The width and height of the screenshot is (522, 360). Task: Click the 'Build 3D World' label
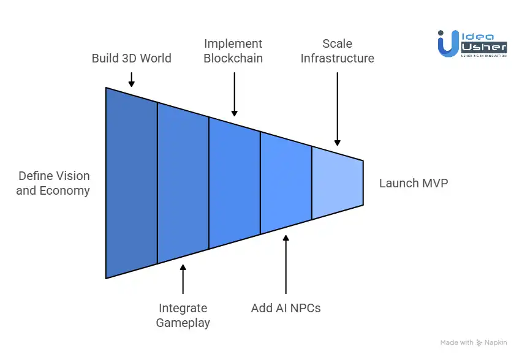131,59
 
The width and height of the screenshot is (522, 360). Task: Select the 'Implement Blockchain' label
233,51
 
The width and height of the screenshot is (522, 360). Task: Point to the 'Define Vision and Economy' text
53,183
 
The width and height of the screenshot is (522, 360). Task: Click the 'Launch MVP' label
414,183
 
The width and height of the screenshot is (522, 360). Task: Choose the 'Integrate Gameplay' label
183,315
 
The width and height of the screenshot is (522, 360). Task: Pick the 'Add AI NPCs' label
286,308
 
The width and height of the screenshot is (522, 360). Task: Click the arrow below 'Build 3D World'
131,80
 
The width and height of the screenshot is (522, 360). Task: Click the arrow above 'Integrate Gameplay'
183,279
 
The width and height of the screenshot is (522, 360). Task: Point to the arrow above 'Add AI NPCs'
286,263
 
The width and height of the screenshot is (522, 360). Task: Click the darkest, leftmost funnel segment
131,182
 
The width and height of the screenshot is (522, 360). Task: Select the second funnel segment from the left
183,182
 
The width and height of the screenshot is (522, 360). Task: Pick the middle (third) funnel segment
234,182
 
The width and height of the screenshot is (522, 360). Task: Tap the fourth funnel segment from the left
286,182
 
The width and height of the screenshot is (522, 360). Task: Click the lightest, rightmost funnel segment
337,182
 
